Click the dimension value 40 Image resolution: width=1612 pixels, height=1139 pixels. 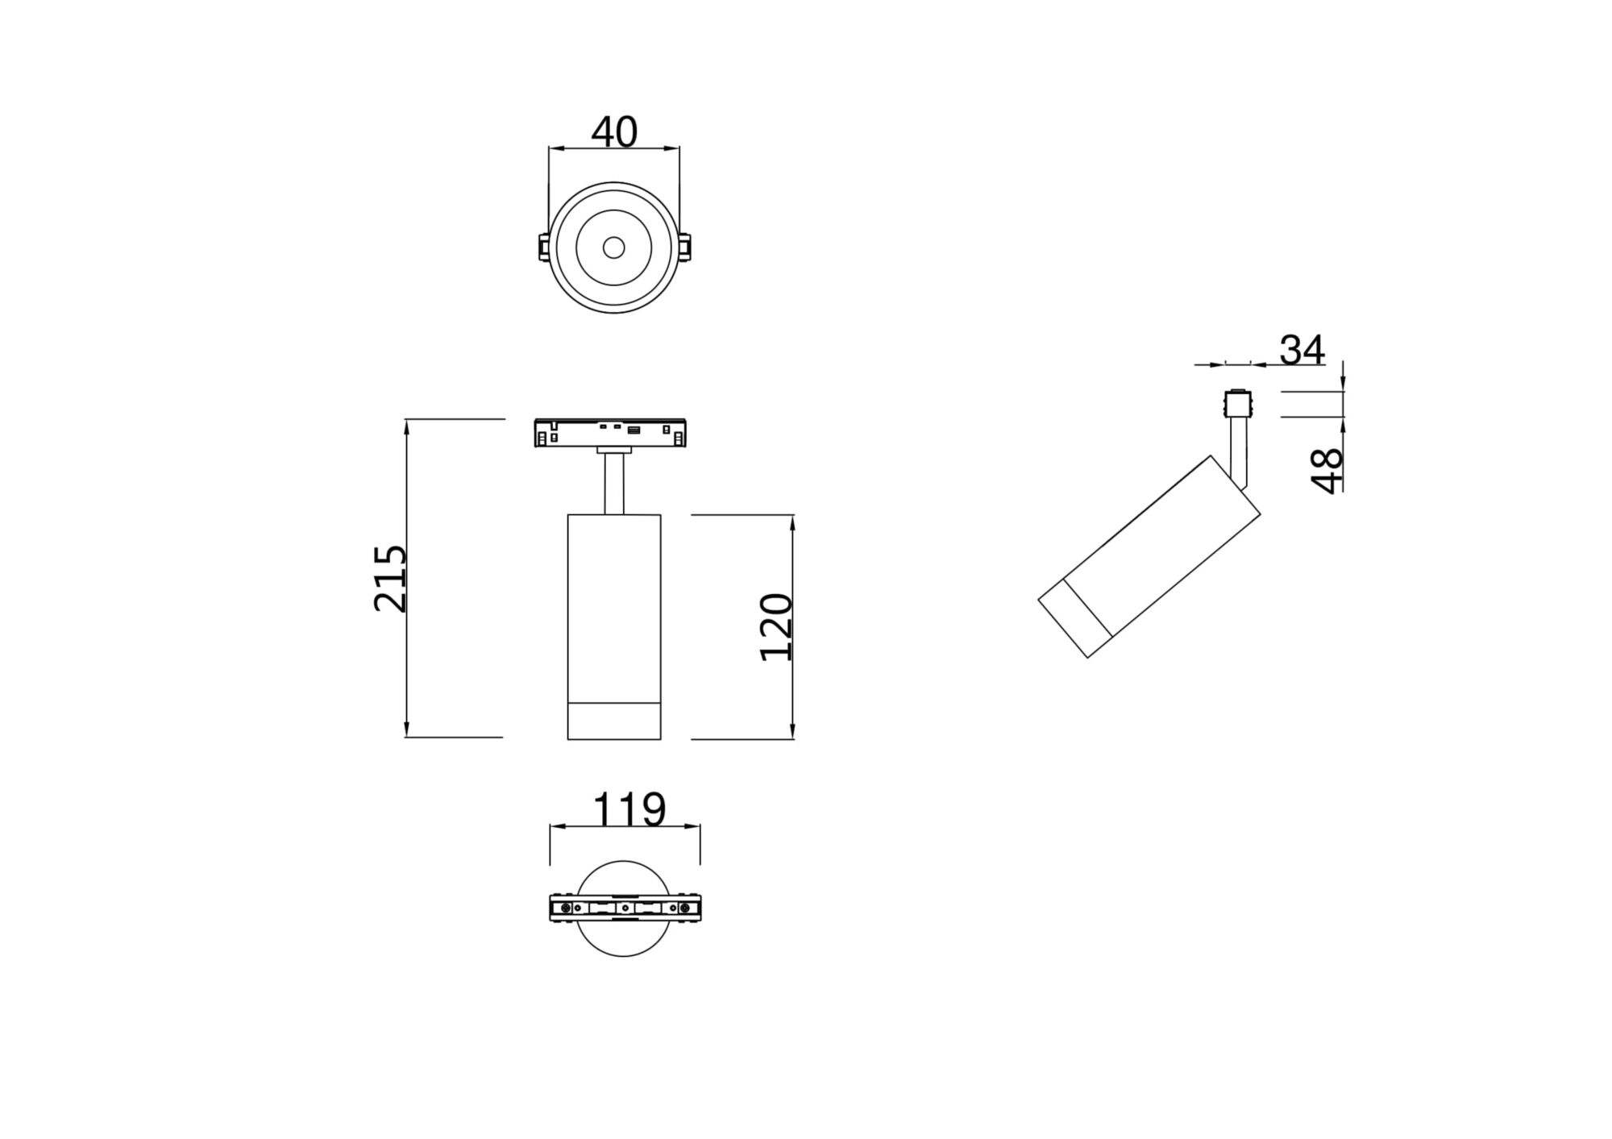[614, 132]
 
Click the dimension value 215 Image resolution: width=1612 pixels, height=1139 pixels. [391, 578]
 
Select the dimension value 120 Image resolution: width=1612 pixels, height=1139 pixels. [777, 626]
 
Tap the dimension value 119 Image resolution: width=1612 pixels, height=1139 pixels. [629, 809]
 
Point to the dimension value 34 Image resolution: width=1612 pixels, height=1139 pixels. [1302, 351]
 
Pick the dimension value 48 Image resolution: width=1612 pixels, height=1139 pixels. [1327, 470]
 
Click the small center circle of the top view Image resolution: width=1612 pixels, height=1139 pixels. [613, 247]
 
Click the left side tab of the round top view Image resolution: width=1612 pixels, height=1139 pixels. [543, 247]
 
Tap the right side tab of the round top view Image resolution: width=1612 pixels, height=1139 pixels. [684, 247]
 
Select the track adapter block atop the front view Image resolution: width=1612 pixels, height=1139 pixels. [610, 433]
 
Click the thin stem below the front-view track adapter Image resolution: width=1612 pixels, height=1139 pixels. [614, 484]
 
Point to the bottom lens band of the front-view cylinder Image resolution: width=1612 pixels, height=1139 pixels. [614, 721]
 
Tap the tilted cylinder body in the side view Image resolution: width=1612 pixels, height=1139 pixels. [1169, 548]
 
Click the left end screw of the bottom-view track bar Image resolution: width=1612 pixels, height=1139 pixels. [566, 908]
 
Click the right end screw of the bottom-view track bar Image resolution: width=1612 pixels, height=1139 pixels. [685, 908]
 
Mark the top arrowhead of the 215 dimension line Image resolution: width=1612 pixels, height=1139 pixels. [408, 426]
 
